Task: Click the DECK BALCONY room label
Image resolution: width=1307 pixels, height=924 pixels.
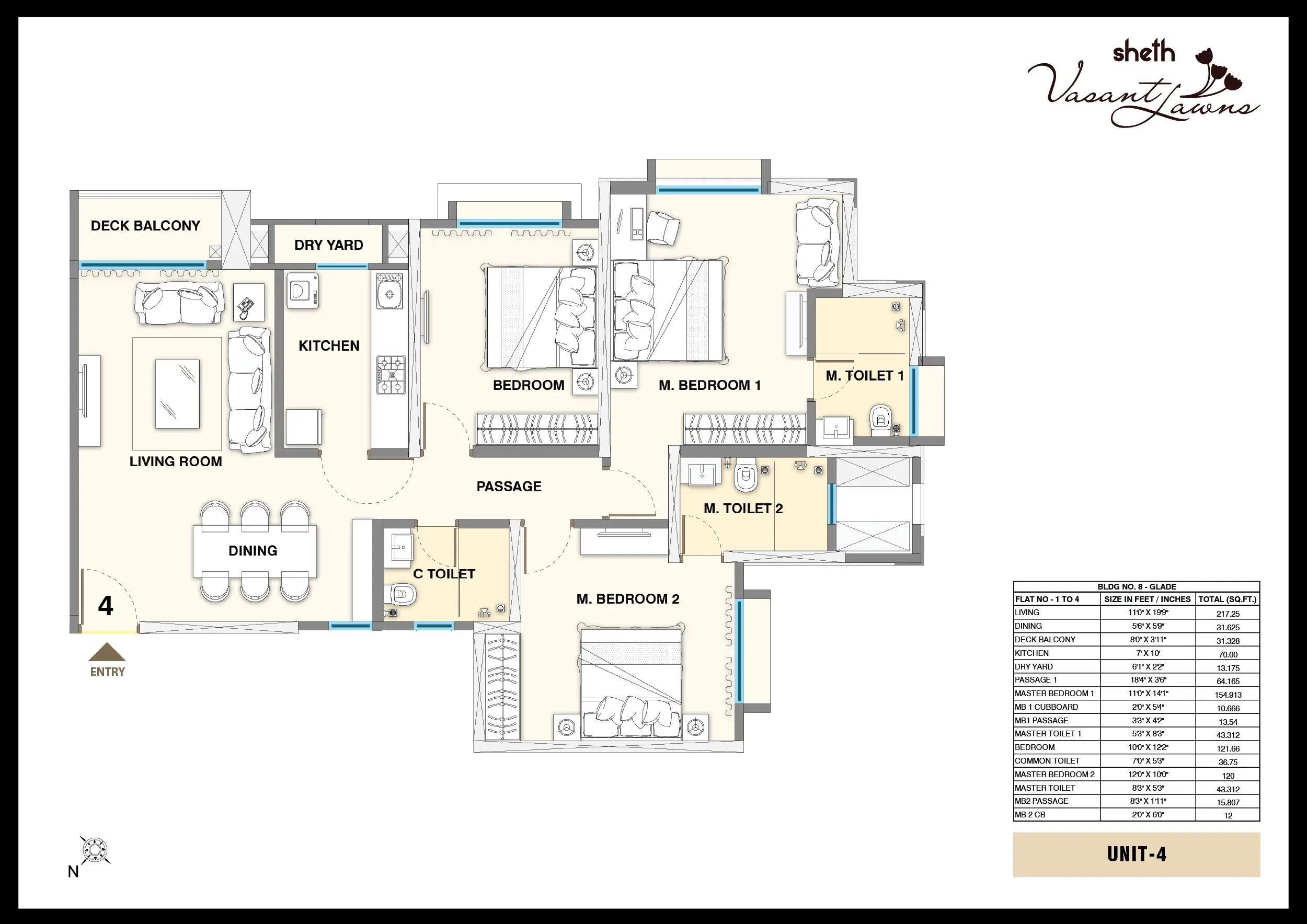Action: click(145, 226)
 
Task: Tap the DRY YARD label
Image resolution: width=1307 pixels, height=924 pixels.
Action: click(328, 245)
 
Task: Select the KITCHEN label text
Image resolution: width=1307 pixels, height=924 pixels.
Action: click(329, 346)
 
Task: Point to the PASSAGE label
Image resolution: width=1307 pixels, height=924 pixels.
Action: click(509, 487)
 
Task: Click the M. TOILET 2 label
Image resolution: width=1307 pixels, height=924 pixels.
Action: click(743, 509)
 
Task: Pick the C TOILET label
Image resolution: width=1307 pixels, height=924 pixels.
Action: click(444, 574)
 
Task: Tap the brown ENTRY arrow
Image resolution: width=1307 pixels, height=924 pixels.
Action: click(107, 652)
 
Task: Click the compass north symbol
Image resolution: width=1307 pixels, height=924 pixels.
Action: click(95, 851)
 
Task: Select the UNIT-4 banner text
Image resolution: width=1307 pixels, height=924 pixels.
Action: click(1136, 854)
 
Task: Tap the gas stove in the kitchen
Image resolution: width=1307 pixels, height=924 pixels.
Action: click(391, 375)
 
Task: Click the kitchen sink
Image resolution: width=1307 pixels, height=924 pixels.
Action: click(389, 291)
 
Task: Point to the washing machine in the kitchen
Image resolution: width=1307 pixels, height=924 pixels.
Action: click(302, 291)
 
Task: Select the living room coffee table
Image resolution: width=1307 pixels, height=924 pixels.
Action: click(178, 394)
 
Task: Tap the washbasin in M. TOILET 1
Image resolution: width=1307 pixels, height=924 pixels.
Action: click(835, 428)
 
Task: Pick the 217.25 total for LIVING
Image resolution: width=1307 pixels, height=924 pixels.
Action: click(1228, 614)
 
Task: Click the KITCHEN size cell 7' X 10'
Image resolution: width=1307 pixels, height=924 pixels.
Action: click(1147, 653)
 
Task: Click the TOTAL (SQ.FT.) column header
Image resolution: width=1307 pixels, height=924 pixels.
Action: click(1228, 599)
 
